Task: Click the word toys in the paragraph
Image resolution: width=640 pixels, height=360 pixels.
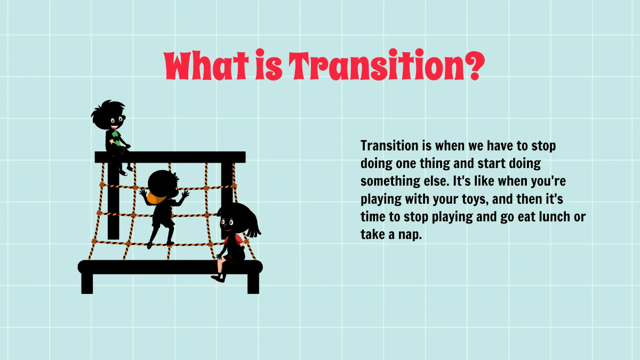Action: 471,199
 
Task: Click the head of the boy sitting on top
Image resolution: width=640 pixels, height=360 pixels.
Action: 110,114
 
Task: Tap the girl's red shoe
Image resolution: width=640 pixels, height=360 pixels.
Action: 217,277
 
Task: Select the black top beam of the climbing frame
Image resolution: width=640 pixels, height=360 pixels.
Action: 170,157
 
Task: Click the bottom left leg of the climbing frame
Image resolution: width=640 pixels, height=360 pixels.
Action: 87,283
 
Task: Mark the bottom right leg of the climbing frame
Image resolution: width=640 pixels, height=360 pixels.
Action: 253,283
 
